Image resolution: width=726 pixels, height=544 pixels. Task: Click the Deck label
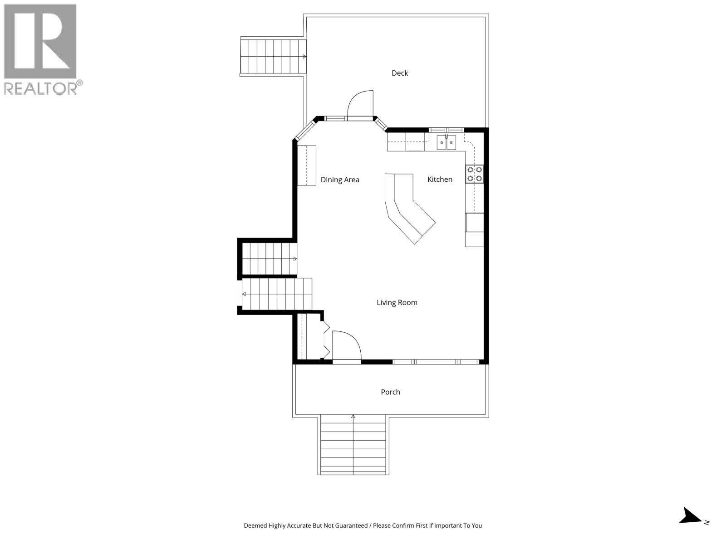coord(400,73)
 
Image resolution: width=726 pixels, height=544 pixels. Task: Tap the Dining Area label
coord(340,180)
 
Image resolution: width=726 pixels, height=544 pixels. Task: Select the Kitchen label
coord(440,179)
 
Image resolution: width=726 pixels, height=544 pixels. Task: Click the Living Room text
coord(397,302)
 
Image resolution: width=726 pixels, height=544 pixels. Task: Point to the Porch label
coord(390,392)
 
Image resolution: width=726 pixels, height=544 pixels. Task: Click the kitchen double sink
coord(446,142)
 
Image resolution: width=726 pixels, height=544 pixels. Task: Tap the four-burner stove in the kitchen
coord(475,174)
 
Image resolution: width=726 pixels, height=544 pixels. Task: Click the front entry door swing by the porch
coord(346,345)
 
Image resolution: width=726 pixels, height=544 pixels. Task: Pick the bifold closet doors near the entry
coord(326,339)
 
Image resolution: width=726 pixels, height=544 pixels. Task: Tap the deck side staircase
coord(273,56)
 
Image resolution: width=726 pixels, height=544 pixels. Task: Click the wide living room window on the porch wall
coord(436,362)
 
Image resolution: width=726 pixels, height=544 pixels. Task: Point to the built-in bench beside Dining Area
coord(306,165)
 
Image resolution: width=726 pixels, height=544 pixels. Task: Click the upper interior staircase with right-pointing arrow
coord(269,259)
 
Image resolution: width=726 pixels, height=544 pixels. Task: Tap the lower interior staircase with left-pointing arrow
coord(276,294)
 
